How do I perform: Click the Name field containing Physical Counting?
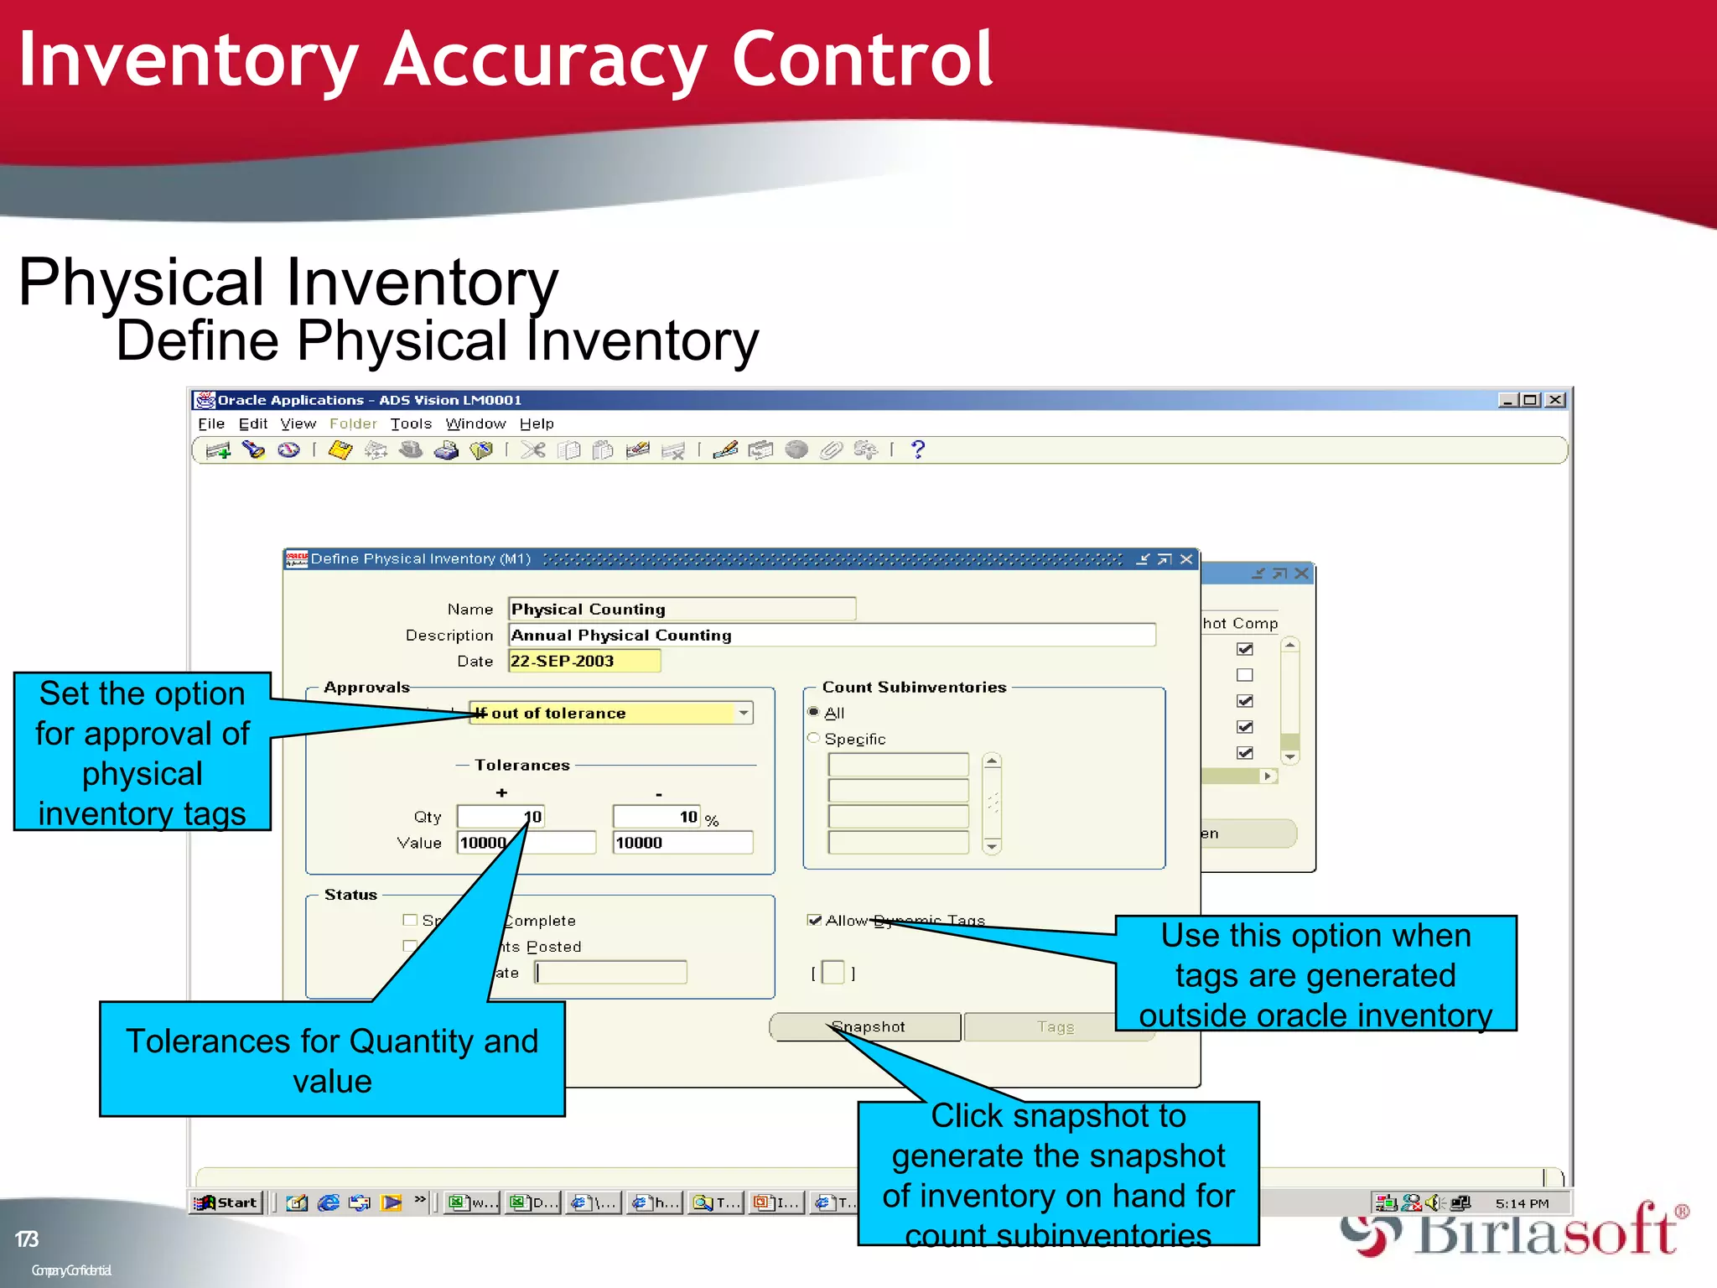point(681,609)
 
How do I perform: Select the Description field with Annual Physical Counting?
point(830,635)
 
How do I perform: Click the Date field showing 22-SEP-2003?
point(584,661)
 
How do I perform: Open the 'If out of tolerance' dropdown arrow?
point(743,713)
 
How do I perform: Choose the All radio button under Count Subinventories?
point(813,712)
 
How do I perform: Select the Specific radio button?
point(813,738)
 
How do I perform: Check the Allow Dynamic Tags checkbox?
point(814,920)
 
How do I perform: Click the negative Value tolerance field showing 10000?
point(682,843)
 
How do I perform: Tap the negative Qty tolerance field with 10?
point(656,817)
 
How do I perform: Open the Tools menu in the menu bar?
point(411,423)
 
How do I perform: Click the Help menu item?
point(537,423)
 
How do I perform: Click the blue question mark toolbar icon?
point(918,449)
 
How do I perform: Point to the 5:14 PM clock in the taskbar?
point(1522,1203)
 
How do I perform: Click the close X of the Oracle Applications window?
point(1555,400)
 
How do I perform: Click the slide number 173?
point(27,1239)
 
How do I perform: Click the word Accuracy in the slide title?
point(545,60)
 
